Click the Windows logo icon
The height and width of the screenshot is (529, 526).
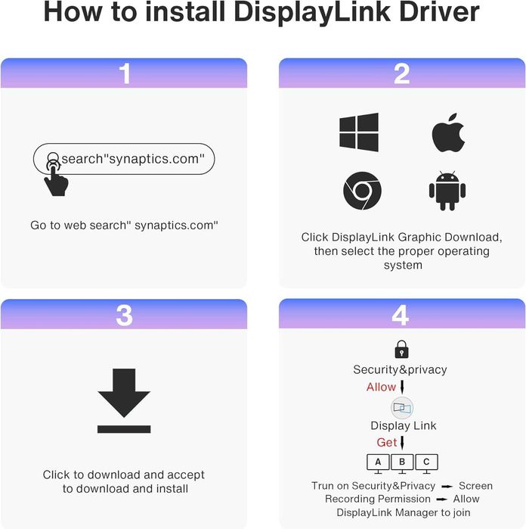(359, 132)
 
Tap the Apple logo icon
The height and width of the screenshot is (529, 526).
(448, 132)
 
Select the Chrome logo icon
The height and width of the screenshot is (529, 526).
(362, 191)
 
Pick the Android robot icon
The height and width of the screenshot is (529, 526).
(447, 191)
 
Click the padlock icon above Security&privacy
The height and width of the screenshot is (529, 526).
(401, 349)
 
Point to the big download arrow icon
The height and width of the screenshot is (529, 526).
(124, 400)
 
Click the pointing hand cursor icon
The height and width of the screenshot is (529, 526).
(56, 178)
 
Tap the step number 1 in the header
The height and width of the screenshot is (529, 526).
(125, 73)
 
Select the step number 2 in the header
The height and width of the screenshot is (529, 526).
(401, 73)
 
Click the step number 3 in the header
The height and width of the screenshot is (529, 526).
(124, 316)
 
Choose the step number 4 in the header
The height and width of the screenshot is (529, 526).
(401, 315)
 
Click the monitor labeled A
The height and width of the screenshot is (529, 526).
(378, 463)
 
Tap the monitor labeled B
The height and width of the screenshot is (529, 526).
(402, 463)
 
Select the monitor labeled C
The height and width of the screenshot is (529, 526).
(426, 463)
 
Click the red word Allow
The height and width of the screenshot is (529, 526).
(381, 387)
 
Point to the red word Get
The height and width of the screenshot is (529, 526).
(386, 442)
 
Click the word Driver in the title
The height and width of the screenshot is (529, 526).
(439, 12)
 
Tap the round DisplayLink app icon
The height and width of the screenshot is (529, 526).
(402, 408)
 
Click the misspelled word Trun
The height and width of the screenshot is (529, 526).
(323, 486)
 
